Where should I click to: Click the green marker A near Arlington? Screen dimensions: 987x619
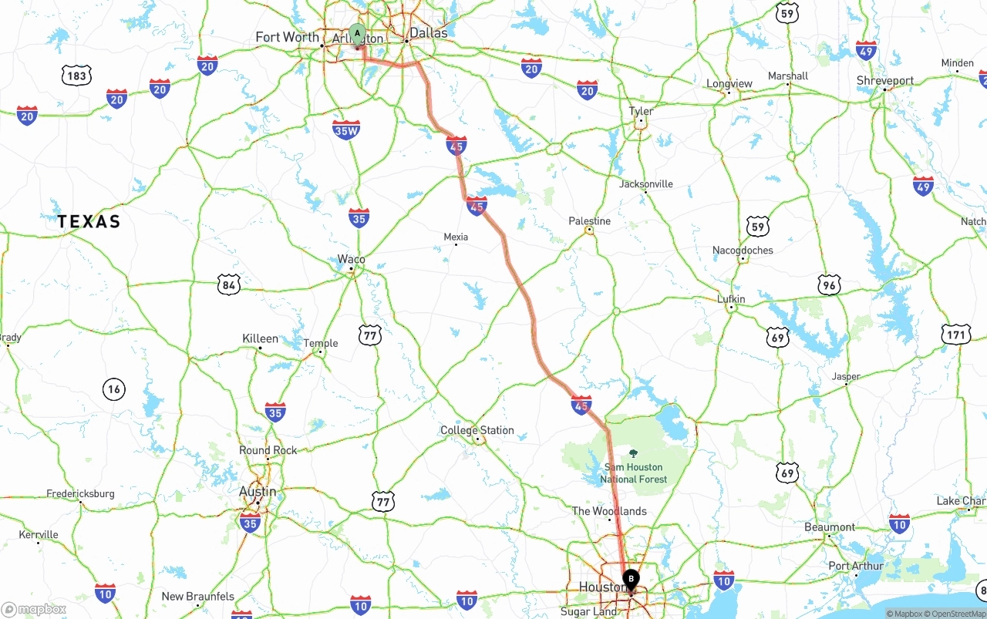[357, 33]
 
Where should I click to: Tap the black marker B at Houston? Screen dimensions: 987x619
[631, 578]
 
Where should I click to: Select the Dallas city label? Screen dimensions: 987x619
[428, 33]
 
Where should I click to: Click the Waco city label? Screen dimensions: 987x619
[351, 259]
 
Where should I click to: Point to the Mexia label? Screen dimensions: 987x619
[456, 237]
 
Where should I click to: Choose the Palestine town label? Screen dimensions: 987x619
[589, 221]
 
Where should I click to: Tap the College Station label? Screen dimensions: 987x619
[477, 430]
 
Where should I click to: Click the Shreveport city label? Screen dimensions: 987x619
[885, 80]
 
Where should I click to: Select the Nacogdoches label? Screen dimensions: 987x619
[743, 250]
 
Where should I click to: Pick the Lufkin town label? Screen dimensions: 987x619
[731, 299]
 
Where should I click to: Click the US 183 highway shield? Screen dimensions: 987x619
[76, 75]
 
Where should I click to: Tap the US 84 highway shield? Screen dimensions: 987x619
[228, 285]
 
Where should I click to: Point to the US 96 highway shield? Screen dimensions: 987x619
[829, 285]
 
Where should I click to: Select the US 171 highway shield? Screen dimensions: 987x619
[955, 335]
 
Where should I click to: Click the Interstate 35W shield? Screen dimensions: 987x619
[346, 130]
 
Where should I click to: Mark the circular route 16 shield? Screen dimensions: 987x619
[114, 389]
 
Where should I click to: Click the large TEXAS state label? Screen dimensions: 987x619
[89, 222]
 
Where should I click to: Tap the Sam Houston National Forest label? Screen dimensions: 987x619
[634, 473]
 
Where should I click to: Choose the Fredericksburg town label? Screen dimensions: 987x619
[80, 493]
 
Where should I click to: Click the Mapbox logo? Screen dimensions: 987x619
[34, 609]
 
